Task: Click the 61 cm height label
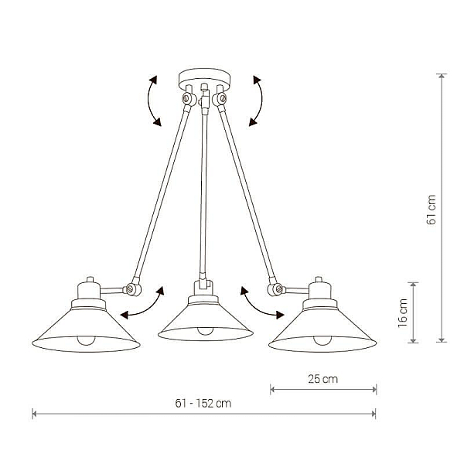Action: pyautogui.click(x=432, y=210)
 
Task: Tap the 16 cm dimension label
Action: pyautogui.click(x=403, y=313)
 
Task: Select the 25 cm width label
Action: pyautogui.click(x=322, y=379)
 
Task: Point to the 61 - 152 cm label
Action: pyautogui.click(x=203, y=404)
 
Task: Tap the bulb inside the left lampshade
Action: pyautogui.click(x=86, y=340)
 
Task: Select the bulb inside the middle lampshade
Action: pyautogui.click(x=206, y=331)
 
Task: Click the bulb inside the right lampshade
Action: pyautogui.click(x=322, y=340)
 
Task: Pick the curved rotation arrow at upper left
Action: pyautogui.click(x=148, y=101)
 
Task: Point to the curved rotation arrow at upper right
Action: pyautogui.click(x=261, y=101)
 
